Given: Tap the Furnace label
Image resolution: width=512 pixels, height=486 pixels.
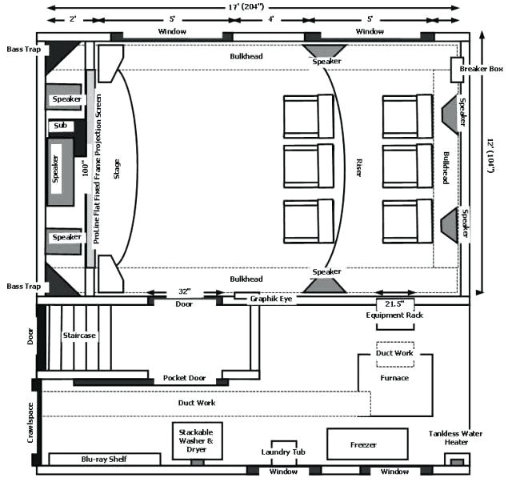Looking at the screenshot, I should pyautogui.click(x=394, y=378).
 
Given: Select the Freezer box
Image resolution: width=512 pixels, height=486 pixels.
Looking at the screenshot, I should pyautogui.click(x=362, y=444).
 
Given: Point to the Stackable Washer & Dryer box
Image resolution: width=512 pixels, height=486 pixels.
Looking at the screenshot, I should pyautogui.click(x=197, y=441).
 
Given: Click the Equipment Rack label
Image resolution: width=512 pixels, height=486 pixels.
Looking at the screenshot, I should pyautogui.click(x=394, y=315).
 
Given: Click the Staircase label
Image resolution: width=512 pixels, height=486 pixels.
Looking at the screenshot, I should pyautogui.click(x=79, y=335).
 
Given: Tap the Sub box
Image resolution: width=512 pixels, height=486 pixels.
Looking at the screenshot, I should pyautogui.click(x=61, y=126).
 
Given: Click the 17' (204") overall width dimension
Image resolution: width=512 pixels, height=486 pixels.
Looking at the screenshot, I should pyautogui.click(x=254, y=7).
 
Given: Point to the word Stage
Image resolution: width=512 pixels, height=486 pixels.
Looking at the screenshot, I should pyautogui.click(x=117, y=167).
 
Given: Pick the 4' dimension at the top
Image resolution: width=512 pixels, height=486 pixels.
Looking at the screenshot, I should pyautogui.click(x=270, y=18).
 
